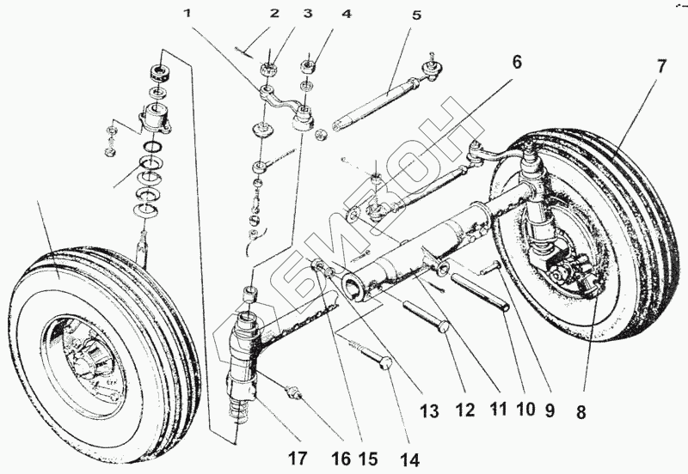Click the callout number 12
464,410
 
